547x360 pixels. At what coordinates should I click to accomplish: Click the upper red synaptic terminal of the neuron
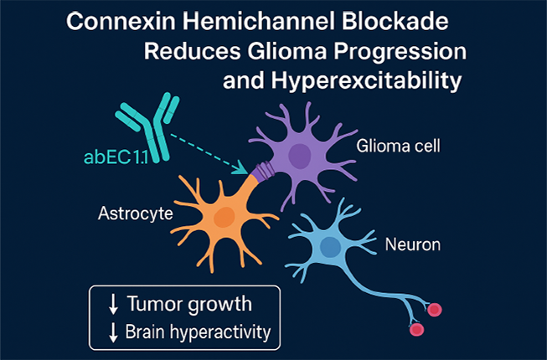coord(435,311)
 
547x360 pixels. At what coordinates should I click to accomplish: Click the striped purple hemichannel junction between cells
coord(259,172)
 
